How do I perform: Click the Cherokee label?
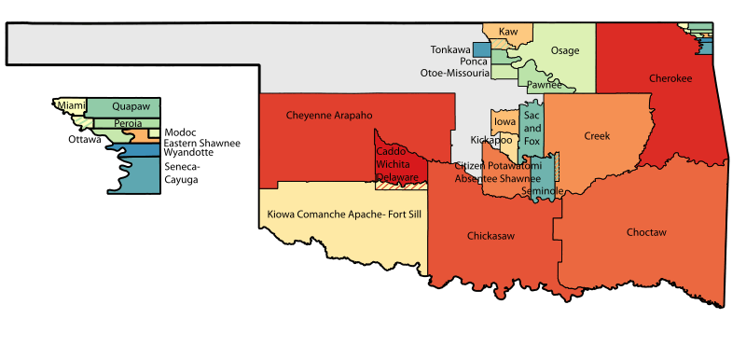point(670,79)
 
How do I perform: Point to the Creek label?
point(597,136)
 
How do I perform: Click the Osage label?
point(565,50)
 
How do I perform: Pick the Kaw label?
point(508,32)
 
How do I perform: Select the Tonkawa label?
point(450,48)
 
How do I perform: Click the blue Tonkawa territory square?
point(481,49)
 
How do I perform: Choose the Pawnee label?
point(544,85)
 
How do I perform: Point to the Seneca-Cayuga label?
point(183,173)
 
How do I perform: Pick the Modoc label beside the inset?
point(180,132)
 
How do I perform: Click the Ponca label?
point(475,61)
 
